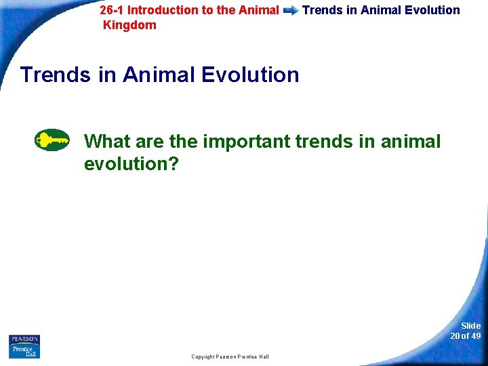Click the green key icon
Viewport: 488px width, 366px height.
(x=52, y=140)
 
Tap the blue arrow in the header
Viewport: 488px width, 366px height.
(x=291, y=11)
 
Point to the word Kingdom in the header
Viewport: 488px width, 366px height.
(x=129, y=25)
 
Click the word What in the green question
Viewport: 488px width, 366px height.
(x=107, y=142)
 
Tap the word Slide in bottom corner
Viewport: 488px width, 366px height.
(x=470, y=326)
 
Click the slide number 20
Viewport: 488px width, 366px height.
(x=455, y=336)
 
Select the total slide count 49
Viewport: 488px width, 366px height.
(x=476, y=336)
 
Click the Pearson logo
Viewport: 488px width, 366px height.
(x=24, y=339)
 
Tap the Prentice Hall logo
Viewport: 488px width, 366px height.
(x=24, y=351)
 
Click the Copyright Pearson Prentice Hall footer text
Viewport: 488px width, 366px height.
(x=230, y=357)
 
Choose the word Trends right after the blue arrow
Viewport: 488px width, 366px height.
(x=321, y=10)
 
